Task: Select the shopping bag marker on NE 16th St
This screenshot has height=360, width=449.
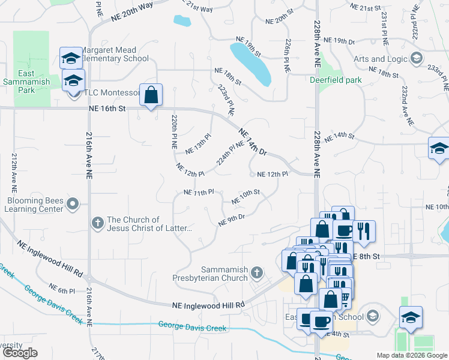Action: pos(151,94)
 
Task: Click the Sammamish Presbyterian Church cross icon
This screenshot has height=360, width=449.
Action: pos(257,274)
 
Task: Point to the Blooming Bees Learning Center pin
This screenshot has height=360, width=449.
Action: pos(73,205)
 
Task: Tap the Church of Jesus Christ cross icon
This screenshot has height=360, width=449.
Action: pos(98,224)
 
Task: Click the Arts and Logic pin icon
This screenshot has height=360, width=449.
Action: pos(417,59)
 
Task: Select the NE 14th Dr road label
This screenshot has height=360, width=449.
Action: pos(252,142)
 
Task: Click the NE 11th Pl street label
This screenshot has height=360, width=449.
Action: pos(199,193)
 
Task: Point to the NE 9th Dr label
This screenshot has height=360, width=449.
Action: pos(232,220)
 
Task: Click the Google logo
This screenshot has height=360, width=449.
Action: pos(20,353)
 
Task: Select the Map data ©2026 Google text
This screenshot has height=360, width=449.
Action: pos(411,355)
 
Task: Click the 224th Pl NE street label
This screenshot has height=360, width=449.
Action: pos(231,154)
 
